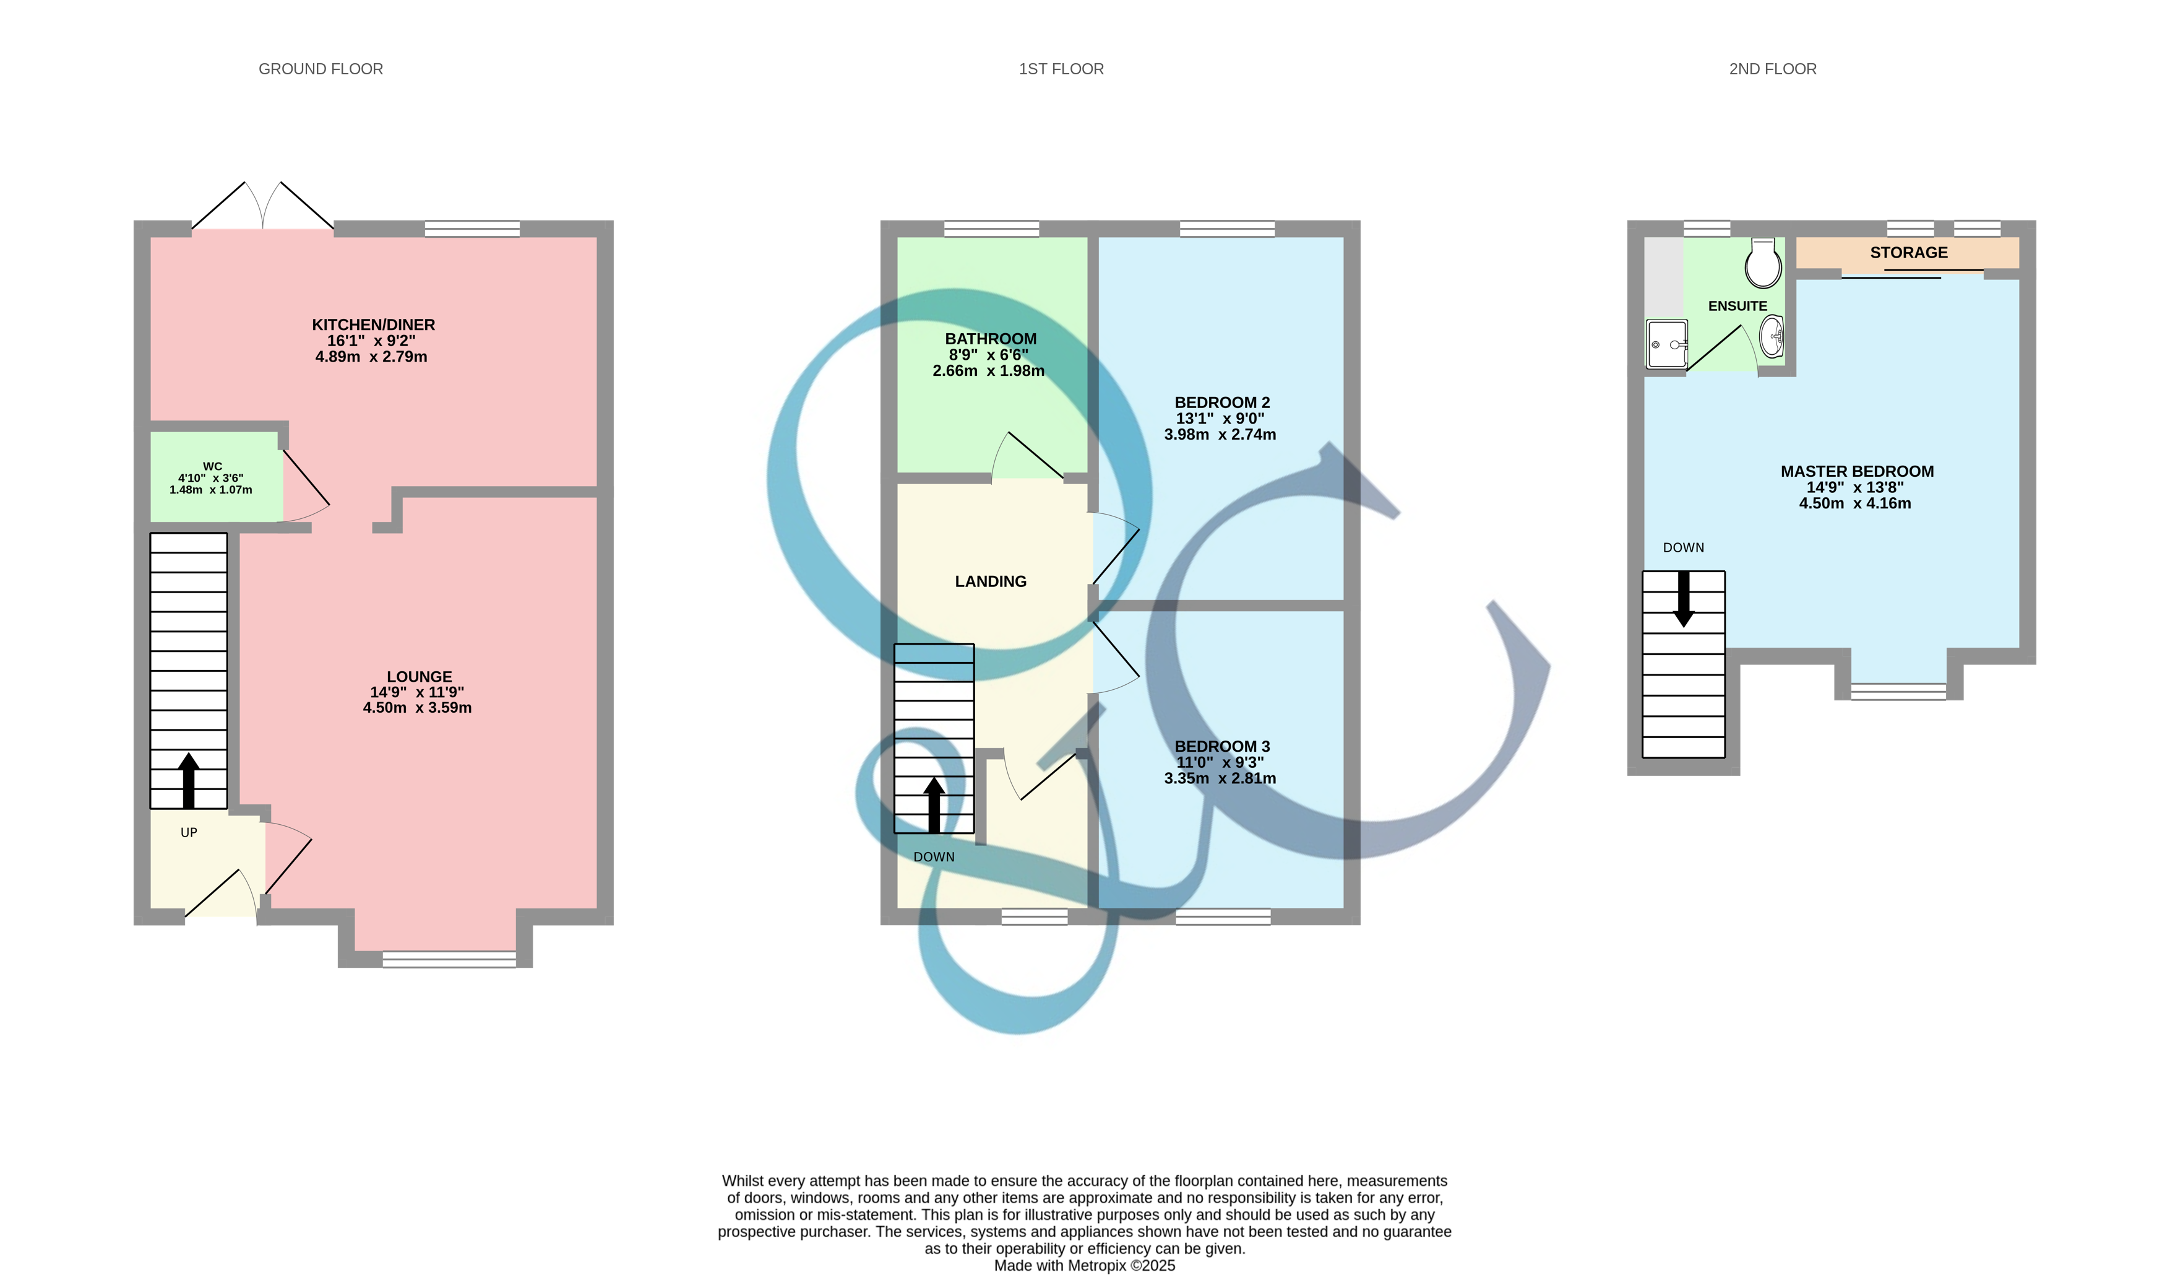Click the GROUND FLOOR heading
[321, 69]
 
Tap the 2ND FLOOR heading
[1772, 69]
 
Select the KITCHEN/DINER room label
[373, 324]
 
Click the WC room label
[212, 466]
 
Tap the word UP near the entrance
[189, 832]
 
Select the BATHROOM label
[990, 339]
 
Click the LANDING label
[990, 581]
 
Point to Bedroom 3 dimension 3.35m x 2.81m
[1220, 778]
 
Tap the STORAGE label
[1908, 253]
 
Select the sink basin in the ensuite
[1772, 336]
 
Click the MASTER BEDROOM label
[1856, 471]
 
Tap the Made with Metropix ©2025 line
[1084, 1266]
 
